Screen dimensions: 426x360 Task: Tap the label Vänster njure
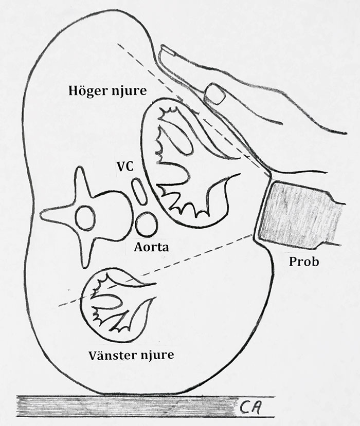(131, 355)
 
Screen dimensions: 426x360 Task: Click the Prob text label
(304, 262)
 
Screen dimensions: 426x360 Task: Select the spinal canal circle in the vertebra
(85, 218)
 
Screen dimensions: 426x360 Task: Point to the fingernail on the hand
(215, 94)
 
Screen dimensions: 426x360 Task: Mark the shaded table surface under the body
(129, 406)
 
